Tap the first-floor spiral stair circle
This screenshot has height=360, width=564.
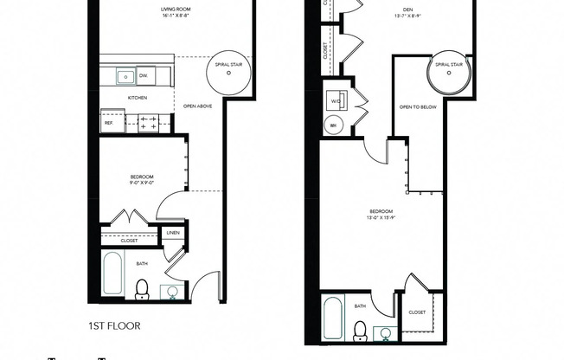(x=228, y=74)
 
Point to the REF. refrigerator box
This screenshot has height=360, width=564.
(x=109, y=122)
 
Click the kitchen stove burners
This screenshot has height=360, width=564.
(x=148, y=122)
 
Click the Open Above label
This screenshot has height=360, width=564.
(x=198, y=106)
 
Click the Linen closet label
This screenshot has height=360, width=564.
(x=172, y=233)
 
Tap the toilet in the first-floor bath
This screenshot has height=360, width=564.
(x=143, y=289)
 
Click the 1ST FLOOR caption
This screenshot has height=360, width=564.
(x=113, y=327)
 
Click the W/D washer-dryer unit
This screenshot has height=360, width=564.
(x=336, y=100)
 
